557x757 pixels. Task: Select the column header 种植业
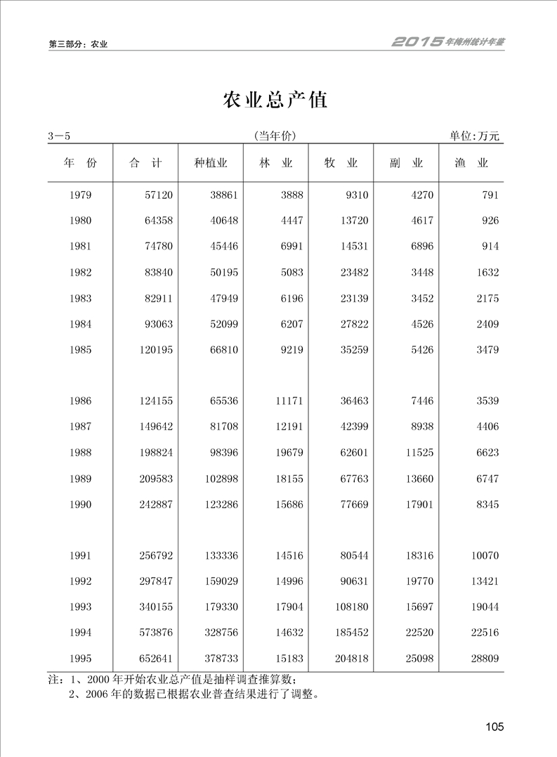[x=211, y=163]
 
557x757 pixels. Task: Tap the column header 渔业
[x=471, y=163]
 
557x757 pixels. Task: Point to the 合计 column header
[x=145, y=163]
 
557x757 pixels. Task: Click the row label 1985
[x=81, y=350]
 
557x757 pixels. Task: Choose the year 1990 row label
[x=81, y=505]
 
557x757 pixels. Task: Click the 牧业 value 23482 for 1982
[x=353, y=273]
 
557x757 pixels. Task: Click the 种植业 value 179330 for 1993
[x=220, y=607]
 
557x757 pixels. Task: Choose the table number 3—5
[x=61, y=136]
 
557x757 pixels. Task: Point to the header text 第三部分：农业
[x=77, y=44]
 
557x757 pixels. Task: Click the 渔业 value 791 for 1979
[x=490, y=195]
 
